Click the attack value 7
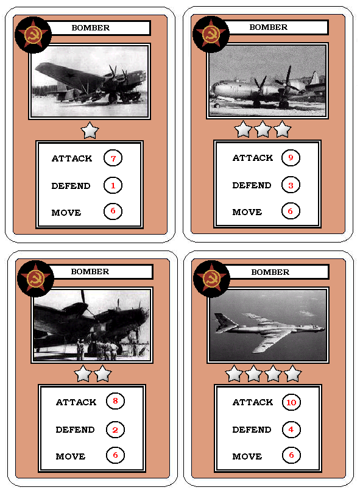(113, 158)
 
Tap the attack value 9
(291, 157)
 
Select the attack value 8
(115, 401)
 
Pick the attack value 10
(291, 402)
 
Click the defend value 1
(113, 185)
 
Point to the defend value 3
(291, 185)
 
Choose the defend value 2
(115, 430)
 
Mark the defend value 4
(291, 430)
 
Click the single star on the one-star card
(90, 130)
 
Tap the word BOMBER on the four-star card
(270, 272)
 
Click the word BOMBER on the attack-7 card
(91, 28)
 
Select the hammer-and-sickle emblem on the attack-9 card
(211, 34)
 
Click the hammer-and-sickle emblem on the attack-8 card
(35, 279)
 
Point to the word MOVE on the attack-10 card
(247, 456)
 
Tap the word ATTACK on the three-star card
(253, 158)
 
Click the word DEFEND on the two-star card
(75, 430)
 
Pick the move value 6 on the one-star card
(113, 211)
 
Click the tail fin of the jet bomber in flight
(222, 322)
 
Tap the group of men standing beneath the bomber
(98, 349)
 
